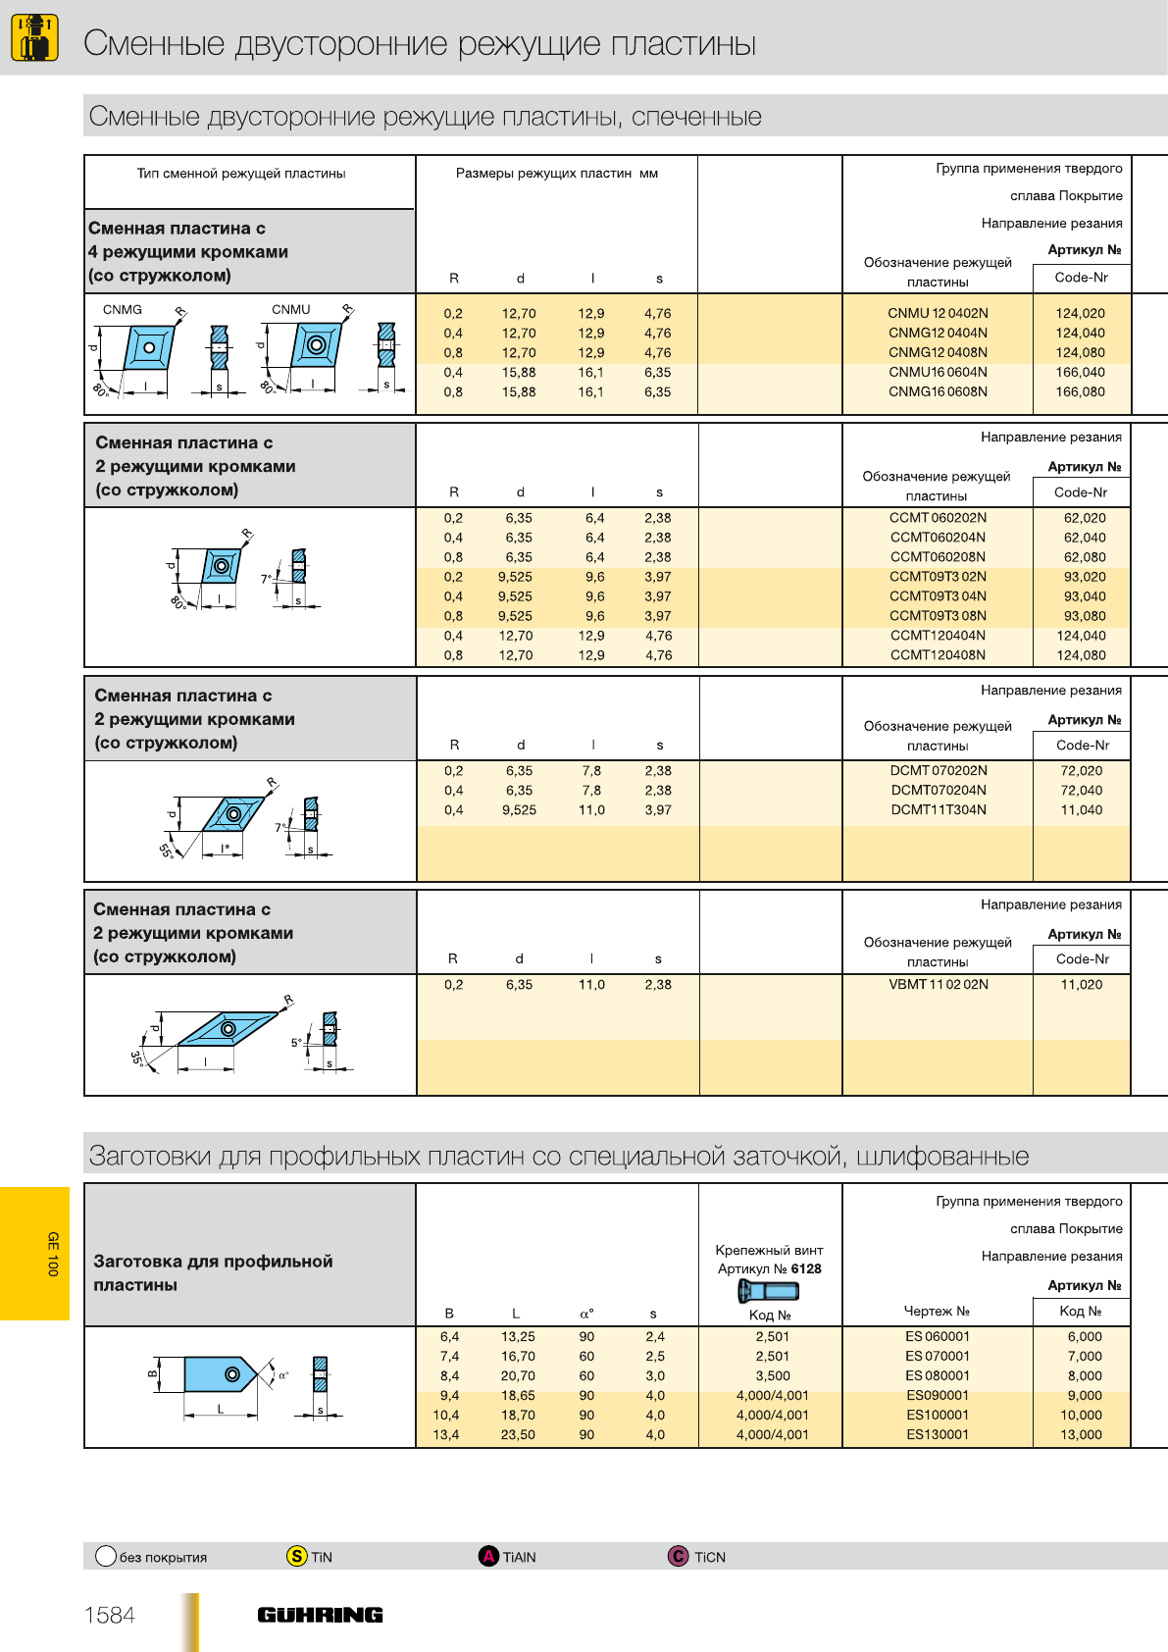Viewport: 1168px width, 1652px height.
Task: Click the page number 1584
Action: [110, 1615]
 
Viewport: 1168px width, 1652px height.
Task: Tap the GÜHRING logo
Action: [320, 1615]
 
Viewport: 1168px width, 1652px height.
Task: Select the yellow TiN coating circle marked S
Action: [297, 1556]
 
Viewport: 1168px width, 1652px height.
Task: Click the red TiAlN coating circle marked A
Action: [488, 1556]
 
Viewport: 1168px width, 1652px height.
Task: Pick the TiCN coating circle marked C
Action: [678, 1556]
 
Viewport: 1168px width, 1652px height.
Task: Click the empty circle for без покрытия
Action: [106, 1556]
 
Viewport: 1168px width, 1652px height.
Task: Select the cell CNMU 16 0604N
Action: [938, 372]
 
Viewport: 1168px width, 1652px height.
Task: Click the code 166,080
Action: [1080, 391]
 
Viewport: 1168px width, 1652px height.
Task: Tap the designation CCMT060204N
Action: [938, 537]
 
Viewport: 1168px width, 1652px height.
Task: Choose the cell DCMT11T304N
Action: [939, 809]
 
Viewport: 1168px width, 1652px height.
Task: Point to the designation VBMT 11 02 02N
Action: [938, 984]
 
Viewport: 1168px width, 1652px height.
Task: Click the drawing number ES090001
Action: [938, 1395]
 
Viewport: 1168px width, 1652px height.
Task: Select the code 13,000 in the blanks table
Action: [1081, 1434]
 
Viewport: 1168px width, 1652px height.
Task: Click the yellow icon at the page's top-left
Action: [34, 37]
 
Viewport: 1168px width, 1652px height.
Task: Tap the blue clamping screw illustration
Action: [769, 1291]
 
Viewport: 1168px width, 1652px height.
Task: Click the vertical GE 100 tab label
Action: [53, 1254]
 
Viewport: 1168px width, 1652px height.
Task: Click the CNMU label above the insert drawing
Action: [291, 309]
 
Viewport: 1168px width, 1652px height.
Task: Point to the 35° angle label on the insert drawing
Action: [137, 1058]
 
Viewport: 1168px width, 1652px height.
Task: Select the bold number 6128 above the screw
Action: [806, 1268]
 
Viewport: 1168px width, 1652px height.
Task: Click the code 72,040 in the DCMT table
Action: [1081, 790]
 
